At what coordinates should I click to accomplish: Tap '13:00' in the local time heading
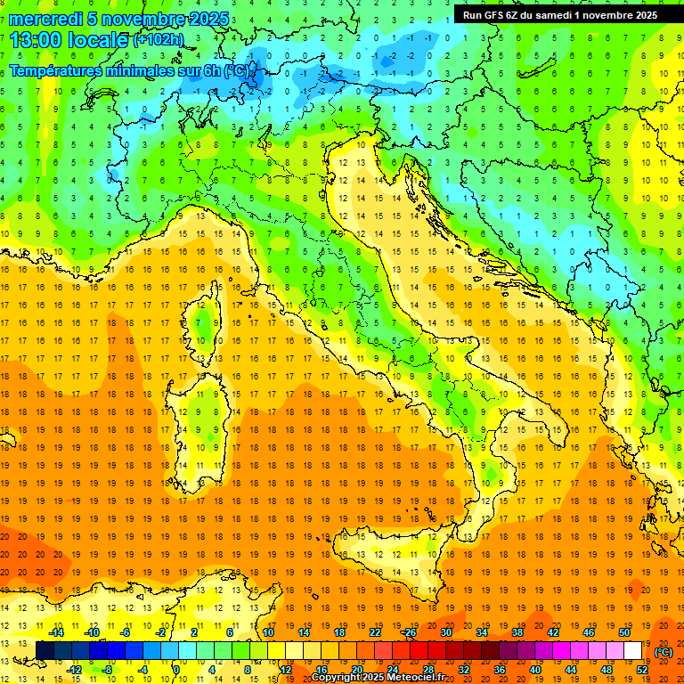click(37, 40)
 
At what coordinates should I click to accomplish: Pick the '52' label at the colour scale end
click(642, 670)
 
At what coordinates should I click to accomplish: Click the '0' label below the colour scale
click(177, 670)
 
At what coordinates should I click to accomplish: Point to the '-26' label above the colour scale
click(409, 632)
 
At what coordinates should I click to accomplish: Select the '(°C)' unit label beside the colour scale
click(664, 652)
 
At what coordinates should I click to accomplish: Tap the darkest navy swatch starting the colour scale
click(45, 651)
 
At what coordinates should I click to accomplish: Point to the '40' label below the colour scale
click(535, 670)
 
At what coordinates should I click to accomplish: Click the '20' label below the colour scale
click(356, 670)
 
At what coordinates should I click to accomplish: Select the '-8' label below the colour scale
click(108, 670)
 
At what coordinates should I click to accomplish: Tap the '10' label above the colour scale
click(268, 632)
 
